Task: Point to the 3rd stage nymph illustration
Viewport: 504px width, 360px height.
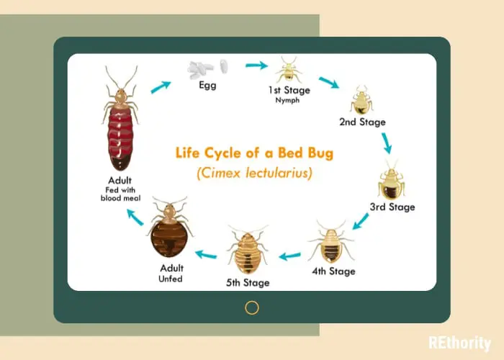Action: [x=392, y=181]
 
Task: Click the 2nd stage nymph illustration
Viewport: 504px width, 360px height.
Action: [x=361, y=100]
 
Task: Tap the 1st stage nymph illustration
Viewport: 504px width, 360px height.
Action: [x=289, y=70]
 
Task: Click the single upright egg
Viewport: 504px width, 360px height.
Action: [x=224, y=66]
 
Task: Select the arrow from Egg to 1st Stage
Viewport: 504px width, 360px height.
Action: [x=256, y=66]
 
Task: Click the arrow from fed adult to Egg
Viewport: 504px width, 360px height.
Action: [x=161, y=87]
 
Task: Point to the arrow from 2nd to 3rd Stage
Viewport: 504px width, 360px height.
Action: [x=387, y=143]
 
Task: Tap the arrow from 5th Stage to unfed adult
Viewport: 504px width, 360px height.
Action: [x=206, y=255]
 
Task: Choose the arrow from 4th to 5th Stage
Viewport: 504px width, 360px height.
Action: [x=289, y=256]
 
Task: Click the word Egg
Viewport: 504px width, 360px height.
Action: [x=207, y=86]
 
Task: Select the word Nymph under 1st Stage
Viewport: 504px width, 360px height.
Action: [x=287, y=100]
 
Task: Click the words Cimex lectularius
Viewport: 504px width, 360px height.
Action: [x=254, y=174]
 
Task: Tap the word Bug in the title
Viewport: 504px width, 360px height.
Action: [x=320, y=153]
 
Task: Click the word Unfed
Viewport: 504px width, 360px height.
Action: [x=171, y=279]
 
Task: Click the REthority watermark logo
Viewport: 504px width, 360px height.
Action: [x=460, y=343]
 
